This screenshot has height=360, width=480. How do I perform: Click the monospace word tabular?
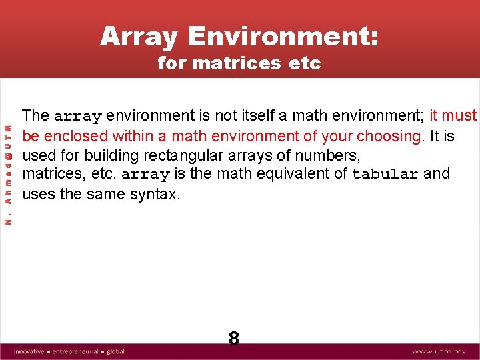385,175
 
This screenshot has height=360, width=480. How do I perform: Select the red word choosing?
389,136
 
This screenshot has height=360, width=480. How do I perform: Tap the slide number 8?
234,339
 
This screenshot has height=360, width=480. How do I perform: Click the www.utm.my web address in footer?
438,351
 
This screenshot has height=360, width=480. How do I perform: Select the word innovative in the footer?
29,351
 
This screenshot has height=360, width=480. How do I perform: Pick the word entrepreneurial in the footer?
75,351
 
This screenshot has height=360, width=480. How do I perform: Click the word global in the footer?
115,351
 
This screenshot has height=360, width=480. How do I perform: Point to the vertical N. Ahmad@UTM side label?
9,175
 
